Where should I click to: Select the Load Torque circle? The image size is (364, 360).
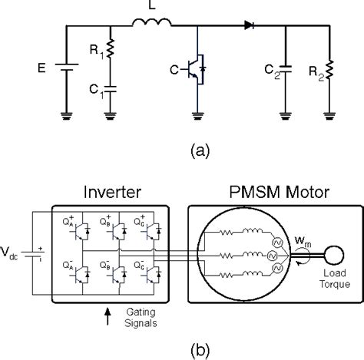335,251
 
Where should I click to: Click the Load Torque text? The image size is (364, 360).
335,278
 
